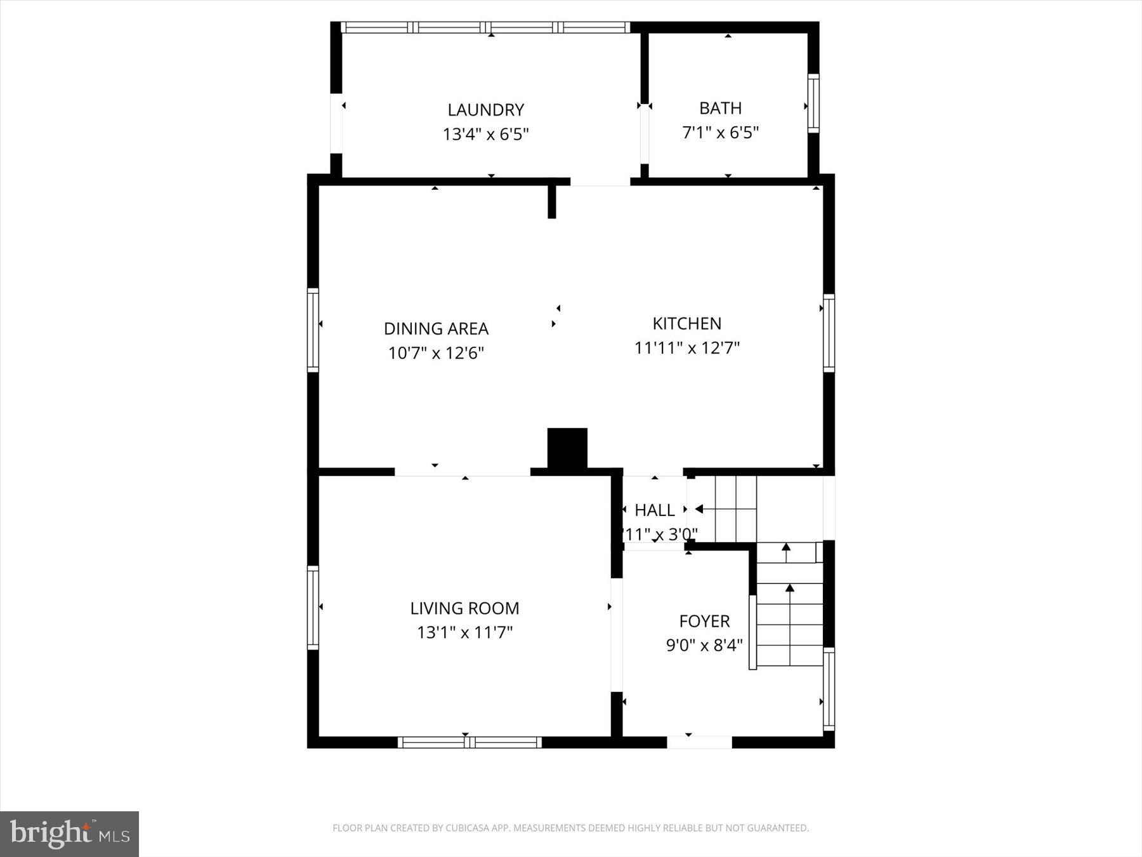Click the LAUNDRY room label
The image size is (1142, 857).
[485, 110]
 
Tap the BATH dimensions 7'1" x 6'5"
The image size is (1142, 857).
[720, 133]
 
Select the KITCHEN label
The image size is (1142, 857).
[686, 324]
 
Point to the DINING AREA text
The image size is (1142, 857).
[436, 329]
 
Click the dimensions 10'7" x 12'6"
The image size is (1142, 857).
[436, 353]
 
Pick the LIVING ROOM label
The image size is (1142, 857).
[464, 608]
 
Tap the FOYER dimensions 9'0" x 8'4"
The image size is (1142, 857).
[704, 646]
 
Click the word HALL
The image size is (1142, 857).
[654, 510]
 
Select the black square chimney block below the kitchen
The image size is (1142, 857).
[567, 449]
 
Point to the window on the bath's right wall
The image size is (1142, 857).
[813, 103]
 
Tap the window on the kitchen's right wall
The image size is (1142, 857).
[829, 333]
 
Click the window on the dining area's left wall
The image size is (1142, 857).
[313, 329]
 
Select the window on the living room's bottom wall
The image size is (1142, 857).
[469, 742]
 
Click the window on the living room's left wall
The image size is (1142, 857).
[313, 608]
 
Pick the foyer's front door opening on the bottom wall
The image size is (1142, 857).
[699, 742]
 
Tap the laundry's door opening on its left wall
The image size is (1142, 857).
[336, 124]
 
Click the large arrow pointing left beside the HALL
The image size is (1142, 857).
[699, 509]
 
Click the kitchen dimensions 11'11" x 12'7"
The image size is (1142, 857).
[686, 348]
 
